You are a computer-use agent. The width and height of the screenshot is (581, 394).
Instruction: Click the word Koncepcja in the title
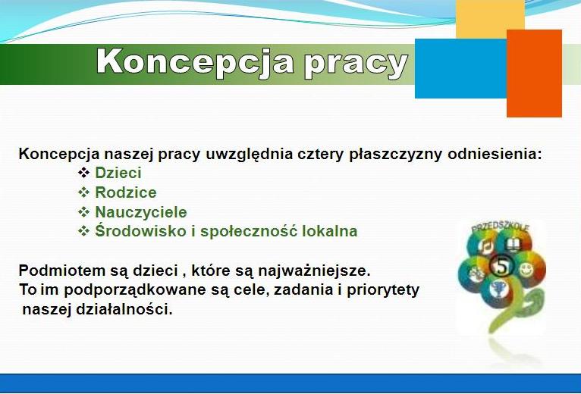pyautogui.click(x=194, y=63)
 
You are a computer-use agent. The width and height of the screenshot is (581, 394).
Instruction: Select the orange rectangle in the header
pyautogui.click(x=534, y=73)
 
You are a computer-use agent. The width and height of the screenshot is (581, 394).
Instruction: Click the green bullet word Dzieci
pyautogui.click(x=118, y=173)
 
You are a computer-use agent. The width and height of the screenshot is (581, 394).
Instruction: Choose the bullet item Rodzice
pyautogui.click(x=126, y=192)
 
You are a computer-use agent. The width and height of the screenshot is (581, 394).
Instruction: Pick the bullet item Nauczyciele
pyautogui.click(x=141, y=212)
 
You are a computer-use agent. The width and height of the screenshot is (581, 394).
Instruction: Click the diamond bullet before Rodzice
pyautogui.click(x=83, y=192)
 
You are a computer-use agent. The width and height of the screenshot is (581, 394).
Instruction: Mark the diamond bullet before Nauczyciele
pyautogui.click(x=83, y=212)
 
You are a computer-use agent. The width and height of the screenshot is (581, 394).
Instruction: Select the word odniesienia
pyautogui.click(x=495, y=154)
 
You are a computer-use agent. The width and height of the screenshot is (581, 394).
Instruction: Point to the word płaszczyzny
pyautogui.click(x=395, y=155)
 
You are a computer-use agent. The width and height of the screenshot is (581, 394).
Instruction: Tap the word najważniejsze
pyautogui.click(x=314, y=271)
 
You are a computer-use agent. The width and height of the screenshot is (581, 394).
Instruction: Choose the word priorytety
pyautogui.click(x=383, y=290)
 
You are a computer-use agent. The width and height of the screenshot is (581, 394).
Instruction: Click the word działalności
pyautogui.click(x=124, y=309)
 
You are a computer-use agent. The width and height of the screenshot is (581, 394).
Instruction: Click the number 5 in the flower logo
pyautogui.click(x=501, y=266)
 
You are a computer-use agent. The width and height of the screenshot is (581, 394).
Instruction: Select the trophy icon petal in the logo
pyautogui.click(x=497, y=290)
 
